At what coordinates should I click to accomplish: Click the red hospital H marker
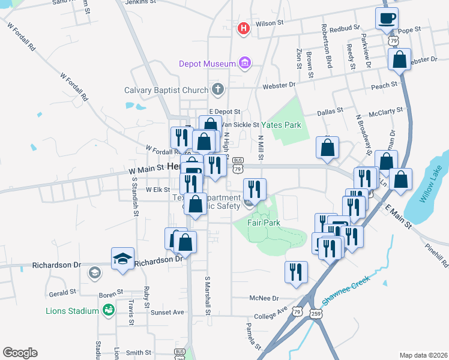(x=244, y=28)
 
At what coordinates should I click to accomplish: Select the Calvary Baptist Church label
(x=166, y=91)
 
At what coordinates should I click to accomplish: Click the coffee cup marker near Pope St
(x=387, y=17)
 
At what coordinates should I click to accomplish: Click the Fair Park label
(x=264, y=223)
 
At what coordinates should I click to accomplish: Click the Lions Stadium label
(x=72, y=311)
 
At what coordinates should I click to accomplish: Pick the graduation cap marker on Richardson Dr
(x=122, y=259)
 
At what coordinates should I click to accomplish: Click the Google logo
(x=20, y=353)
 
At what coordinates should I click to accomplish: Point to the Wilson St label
(x=270, y=23)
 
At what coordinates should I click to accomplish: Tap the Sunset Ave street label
(x=169, y=313)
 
